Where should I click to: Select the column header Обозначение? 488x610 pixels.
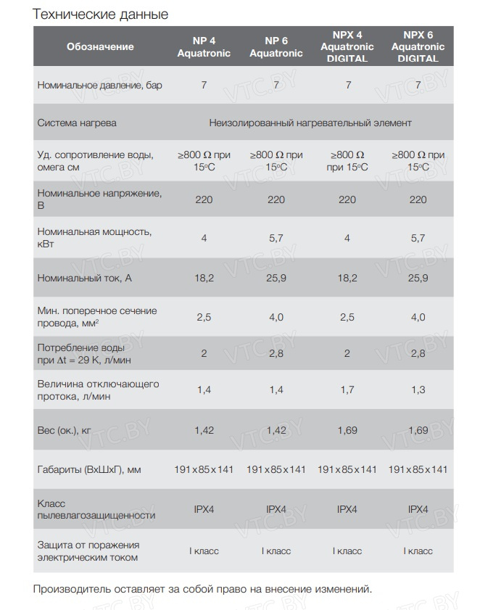[100, 46]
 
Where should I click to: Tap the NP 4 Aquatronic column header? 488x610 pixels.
[204, 46]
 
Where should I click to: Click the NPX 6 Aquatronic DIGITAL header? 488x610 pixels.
[418, 46]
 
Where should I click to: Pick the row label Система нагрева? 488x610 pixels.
[77, 123]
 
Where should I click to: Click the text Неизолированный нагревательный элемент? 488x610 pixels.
[310, 123]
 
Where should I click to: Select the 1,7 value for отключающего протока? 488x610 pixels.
[347, 390]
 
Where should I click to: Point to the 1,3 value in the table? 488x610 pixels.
[418, 390]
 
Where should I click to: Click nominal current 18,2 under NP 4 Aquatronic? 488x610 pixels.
[204, 278]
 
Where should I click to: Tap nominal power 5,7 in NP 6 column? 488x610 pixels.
[276, 238]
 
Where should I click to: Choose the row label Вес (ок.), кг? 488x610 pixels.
[65, 430]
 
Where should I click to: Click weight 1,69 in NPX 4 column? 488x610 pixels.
[347, 430]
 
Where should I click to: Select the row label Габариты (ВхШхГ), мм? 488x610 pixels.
[89, 470]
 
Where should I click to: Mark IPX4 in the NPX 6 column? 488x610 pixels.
[418, 509]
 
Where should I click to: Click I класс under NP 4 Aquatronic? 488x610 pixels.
[204, 551]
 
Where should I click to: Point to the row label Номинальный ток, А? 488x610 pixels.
[84, 278]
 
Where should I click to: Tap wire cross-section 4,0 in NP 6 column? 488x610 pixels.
[276, 317]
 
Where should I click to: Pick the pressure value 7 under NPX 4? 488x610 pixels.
[348, 85]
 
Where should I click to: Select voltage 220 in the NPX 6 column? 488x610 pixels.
[418, 199]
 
